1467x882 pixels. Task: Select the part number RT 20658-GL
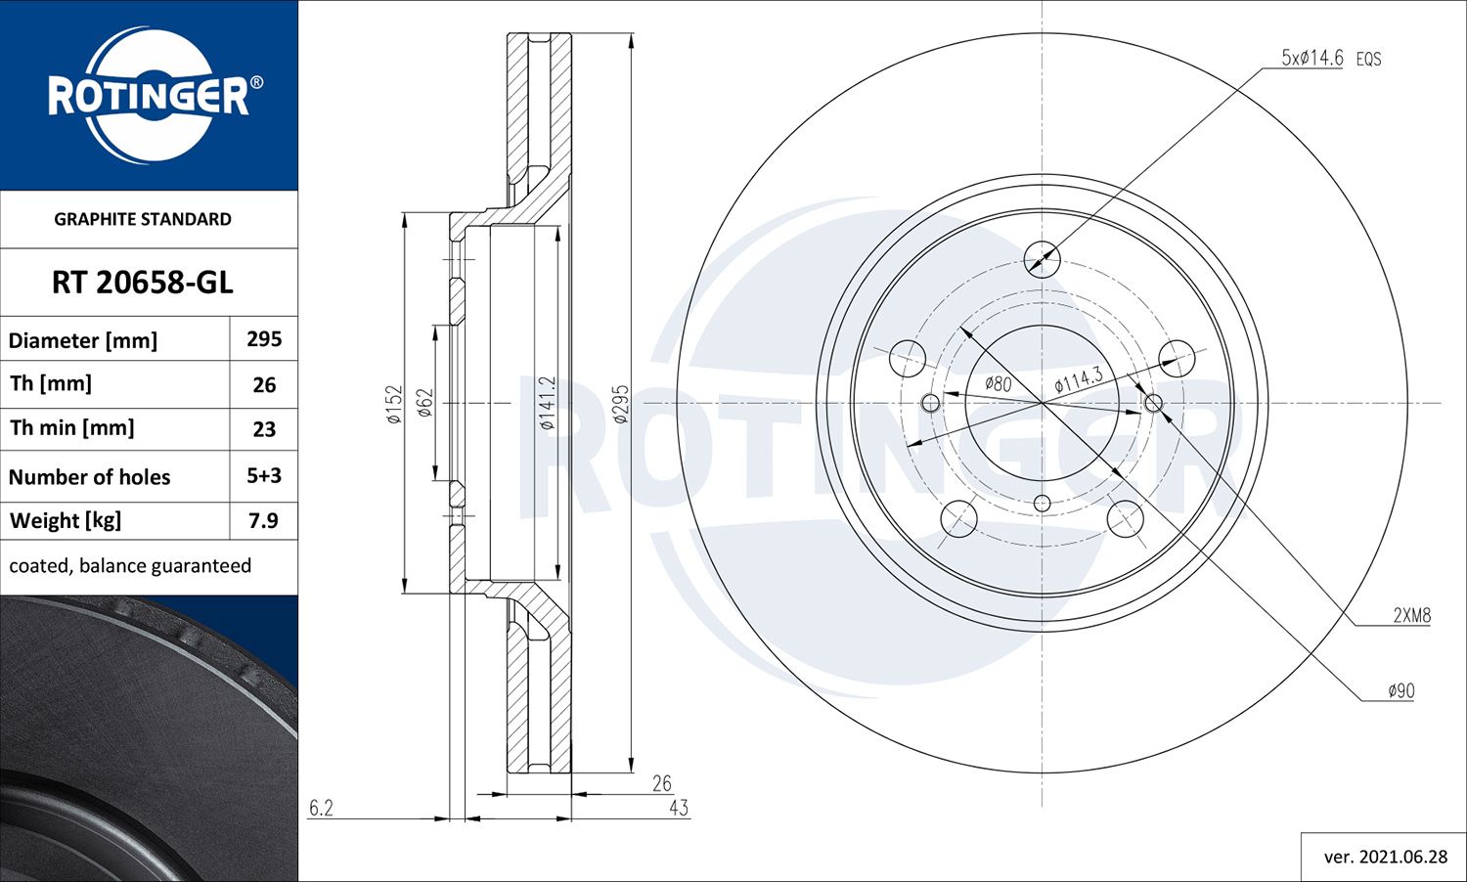(x=143, y=283)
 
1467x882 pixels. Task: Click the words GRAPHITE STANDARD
(x=143, y=219)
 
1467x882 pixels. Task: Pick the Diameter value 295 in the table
(x=264, y=339)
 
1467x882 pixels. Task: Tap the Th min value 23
(x=264, y=429)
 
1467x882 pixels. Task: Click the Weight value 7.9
(x=264, y=520)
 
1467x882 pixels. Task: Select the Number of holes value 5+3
(x=264, y=476)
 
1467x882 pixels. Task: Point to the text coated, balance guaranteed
(x=130, y=566)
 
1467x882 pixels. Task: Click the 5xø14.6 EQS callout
(x=1330, y=58)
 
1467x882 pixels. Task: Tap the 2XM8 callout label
(x=1411, y=615)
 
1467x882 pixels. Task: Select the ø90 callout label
(x=1401, y=690)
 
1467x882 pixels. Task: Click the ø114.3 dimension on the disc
(x=1079, y=379)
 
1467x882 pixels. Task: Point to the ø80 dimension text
(x=998, y=384)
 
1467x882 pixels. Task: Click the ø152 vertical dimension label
(x=394, y=403)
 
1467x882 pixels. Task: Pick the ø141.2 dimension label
(x=548, y=403)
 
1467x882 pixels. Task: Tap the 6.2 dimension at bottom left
(x=321, y=808)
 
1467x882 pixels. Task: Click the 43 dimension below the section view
(x=679, y=808)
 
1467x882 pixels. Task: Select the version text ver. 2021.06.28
(x=1385, y=857)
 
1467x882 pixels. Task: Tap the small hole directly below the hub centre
(x=1042, y=503)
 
